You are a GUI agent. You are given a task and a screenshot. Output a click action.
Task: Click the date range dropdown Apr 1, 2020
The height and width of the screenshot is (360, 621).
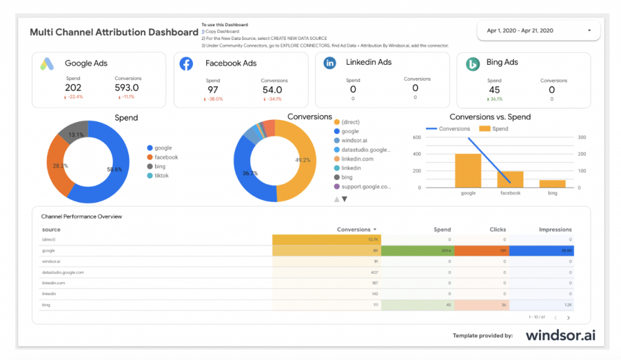pos(539,30)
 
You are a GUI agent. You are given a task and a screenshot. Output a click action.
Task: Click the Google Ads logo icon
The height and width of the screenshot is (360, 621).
pos(48,64)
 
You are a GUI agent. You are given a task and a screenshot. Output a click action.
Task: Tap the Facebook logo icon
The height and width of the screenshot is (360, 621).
pos(186,64)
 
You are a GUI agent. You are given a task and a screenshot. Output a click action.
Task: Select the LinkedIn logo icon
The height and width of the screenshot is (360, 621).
pos(330,63)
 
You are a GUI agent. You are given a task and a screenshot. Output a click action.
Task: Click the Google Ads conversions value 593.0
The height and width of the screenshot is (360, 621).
pos(127,88)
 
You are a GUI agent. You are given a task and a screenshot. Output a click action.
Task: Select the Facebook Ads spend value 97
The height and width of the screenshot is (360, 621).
pos(212,90)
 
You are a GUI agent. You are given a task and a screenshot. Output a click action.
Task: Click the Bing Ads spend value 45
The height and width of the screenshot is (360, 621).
pos(494,90)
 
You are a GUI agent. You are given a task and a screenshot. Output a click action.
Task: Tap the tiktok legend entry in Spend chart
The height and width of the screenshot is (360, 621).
pos(162,176)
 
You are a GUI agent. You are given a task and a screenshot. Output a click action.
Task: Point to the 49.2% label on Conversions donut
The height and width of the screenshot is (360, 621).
pos(302,161)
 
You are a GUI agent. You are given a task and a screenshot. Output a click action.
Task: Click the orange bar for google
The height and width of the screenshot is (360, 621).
pos(468,170)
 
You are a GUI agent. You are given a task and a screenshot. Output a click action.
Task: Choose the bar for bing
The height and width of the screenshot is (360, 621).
pos(552,184)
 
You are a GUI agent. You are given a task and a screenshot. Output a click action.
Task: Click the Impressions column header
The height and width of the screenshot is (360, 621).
pos(555,230)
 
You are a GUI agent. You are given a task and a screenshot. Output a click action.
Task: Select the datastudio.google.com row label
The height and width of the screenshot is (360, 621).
pos(63,272)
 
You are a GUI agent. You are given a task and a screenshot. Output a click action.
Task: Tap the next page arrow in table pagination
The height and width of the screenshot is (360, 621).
pos(568,318)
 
